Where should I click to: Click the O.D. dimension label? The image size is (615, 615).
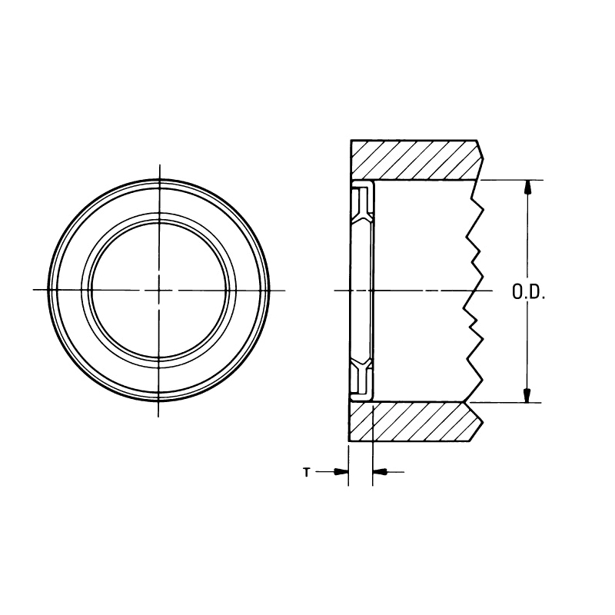(x=528, y=292)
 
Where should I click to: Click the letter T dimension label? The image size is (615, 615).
(x=306, y=473)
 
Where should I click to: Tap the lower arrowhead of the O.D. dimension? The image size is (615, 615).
(x=527, y=395)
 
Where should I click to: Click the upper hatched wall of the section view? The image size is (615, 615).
(x=415, y=160)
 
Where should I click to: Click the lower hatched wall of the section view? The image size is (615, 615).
(x=415, y=422)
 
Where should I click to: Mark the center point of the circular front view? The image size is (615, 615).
(x=159, y=290)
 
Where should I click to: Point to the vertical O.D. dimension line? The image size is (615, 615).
(x=527, y=246)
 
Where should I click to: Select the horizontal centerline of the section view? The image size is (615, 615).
(x=415, y=291)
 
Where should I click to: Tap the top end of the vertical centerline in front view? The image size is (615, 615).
(x=159, y=165)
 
